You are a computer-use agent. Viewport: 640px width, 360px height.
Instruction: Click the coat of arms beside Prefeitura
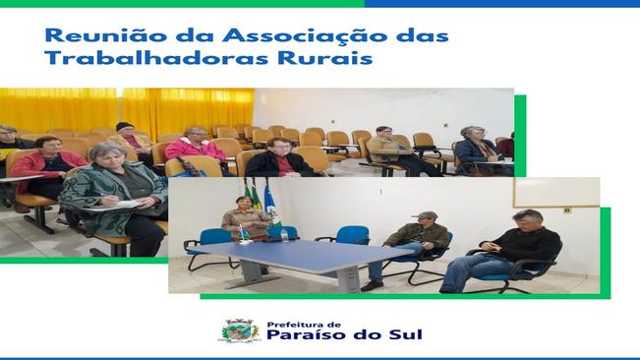[x=239, y=330]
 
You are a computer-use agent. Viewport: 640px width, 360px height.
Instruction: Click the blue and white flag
[x=270, y=208]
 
